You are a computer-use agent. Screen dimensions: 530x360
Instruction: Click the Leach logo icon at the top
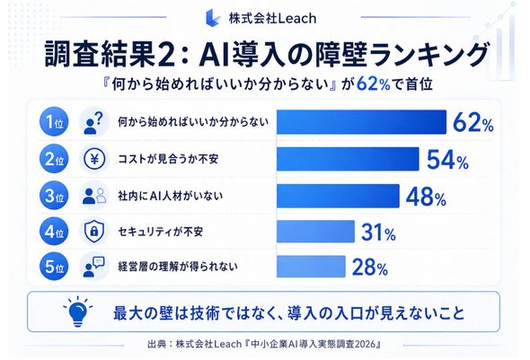[x=213, y=18]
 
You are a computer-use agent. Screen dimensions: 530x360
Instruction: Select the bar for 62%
[x=361, y=122]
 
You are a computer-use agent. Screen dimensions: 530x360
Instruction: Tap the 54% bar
[x=348, y=159]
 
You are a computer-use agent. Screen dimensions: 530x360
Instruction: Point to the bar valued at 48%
[x=338, y=196]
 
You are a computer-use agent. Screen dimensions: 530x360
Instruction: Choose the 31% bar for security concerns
[x=315, y=232]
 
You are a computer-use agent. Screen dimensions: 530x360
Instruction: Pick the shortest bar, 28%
[x=311, y=267]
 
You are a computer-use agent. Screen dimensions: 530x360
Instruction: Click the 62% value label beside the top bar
[x=473, y=122]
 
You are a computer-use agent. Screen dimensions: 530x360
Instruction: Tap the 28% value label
[x=370, y=268]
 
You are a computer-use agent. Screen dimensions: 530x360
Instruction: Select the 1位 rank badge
[x=54, y=121]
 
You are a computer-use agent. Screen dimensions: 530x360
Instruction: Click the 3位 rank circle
[x=54, y=196]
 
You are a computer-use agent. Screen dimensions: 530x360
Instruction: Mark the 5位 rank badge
[x=54, y=267]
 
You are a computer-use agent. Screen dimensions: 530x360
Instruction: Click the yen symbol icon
[x=94, y=159]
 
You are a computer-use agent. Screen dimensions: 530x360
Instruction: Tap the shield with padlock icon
[x=94, y=232]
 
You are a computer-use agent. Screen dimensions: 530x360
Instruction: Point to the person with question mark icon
[x=93, y=123]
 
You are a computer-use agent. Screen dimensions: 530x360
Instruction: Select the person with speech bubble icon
[x=93, y=267]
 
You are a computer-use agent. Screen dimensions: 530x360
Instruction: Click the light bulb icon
[x=78, y=312]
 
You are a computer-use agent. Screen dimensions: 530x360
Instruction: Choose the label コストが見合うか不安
[x=168, y=159]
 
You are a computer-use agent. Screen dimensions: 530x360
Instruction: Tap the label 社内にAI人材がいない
[x=170, y=196]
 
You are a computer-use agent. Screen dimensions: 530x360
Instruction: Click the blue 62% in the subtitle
[x=374, y=83]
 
